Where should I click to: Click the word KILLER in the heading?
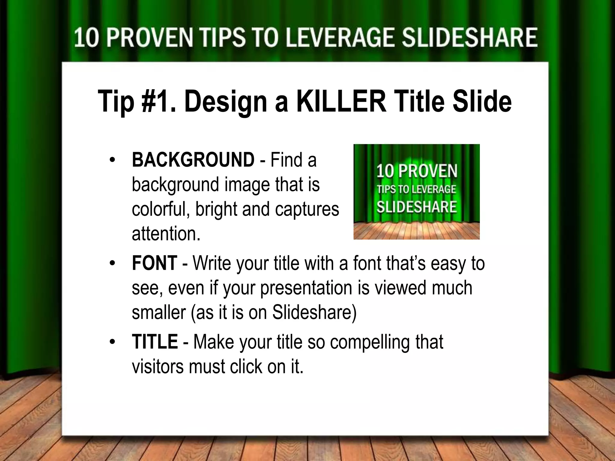pos(341,101)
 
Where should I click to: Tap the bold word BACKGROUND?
pos(193,160)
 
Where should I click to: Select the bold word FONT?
pos(154,263)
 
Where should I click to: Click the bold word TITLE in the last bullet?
pos(155,342)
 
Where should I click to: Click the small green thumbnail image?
pos(416,192)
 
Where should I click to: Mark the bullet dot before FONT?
pos(112,264)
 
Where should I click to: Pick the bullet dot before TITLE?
pos(112,342)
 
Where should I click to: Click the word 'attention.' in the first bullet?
pos(166,234)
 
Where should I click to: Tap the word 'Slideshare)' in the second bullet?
pos(314,313)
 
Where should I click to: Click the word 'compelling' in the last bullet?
pos(370,342)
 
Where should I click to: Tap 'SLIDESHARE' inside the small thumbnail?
pos(417,207)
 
